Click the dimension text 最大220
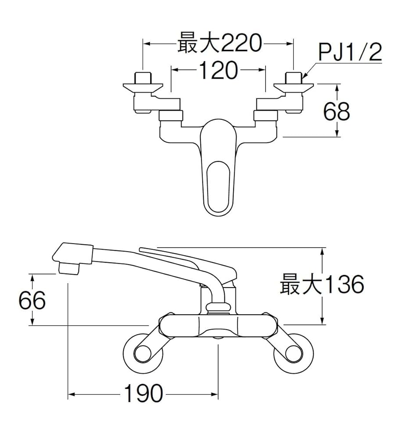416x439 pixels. [219, 44]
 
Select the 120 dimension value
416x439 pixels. [218, 70]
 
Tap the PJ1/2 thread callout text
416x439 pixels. [350, 54]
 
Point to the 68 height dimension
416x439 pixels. [337, 112]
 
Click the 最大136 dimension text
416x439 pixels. [322, 285]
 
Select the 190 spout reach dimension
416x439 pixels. [143, 394]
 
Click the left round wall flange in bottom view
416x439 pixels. [143, 354]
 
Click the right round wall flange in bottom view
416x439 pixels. [293, 354]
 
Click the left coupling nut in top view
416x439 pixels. [170, 116]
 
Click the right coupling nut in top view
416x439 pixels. [265, 116]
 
